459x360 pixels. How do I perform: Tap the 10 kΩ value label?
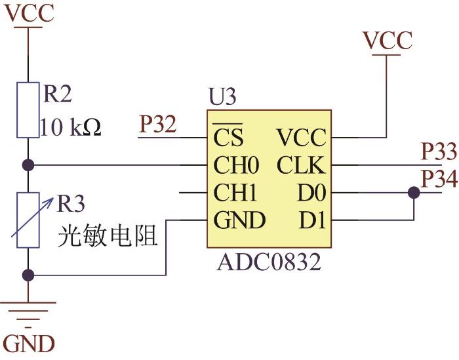pyautogui.click(x=71, y=127)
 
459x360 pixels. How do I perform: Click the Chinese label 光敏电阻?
pyautogui.click(x=107, y=236)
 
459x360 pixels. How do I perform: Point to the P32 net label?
pyautogui.click(x=158, y=124)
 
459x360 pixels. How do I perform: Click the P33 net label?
pyautogui.click(x=439, y=151)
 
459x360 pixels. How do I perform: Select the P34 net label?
pyautogui.click(x=439, y=178)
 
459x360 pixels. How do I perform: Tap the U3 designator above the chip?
pyautogui.click(x=222, y=96)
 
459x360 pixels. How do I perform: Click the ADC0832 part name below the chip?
pyautogui.click(x=269, y=262)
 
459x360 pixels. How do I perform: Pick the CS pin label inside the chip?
pyautogui.click(x=228, y=136)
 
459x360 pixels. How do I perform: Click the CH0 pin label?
pyautogui.click(x=237, y=165)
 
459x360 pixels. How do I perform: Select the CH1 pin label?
pyautogui.click(x=235, y=192)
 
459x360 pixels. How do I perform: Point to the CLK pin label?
pyautogui.click(x=302, y=165)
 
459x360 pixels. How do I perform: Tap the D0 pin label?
pyautogui.click(x=311, y=192)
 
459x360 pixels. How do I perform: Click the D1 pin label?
pyautogui.click(x=312, y=220)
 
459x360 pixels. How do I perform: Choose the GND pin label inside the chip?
pyautogui.click(x=240, y=220)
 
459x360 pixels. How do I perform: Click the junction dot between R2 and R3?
pyautogui.click(x=28, y=165)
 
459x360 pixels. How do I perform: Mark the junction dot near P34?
pyautogui.click(x=414, y=193)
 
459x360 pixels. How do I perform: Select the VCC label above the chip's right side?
pyautogui.click(x=388, y=40)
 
